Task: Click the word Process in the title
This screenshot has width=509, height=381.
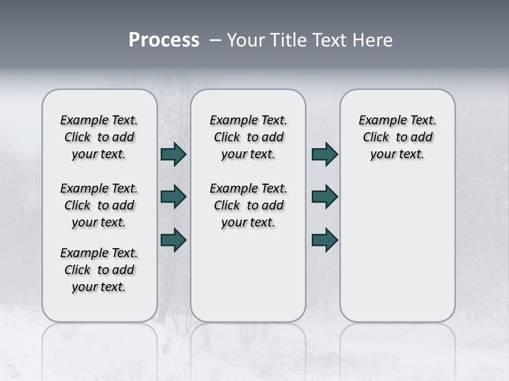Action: [x=164, y=40]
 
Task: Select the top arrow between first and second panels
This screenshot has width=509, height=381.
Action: [x=173, y=155]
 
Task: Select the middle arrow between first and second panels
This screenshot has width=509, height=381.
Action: [x=173, y=197]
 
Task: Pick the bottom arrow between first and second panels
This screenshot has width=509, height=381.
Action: [x=173, y=239]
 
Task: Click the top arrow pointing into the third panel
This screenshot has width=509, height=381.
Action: [x=325, y=155]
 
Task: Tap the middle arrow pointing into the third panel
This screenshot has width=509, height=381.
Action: [x=325, y=197]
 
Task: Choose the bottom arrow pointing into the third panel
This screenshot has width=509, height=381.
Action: [x=325, y=239]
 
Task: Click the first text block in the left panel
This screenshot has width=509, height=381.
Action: [x=99, y=137]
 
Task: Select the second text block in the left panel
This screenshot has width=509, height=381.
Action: [x=99, y=205]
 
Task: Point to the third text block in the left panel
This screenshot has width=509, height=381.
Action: [x=99, y=270]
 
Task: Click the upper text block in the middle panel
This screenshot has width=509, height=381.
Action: [x=249, y=137]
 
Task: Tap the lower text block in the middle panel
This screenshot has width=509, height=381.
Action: [x=249, y=205]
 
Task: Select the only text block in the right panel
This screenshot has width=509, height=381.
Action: [x=398, y=137]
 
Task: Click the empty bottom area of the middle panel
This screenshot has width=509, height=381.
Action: [x=249, y=280]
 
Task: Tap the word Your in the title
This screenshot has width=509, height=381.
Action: [x=245, y=40]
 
